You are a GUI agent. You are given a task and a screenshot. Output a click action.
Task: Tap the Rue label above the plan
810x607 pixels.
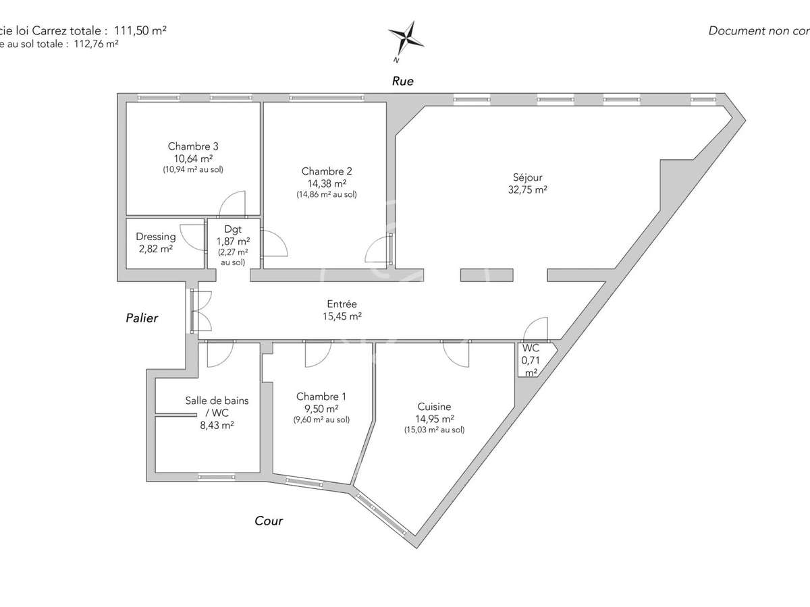(403, 81)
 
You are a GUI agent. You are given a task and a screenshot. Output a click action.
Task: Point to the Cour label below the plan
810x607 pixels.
(269, 521)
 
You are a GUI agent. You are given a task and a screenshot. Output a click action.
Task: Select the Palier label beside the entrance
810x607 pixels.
(142, 318)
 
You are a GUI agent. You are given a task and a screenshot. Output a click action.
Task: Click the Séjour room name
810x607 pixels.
(527, 178)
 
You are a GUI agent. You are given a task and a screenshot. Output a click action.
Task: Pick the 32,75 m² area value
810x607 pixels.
(527, 190)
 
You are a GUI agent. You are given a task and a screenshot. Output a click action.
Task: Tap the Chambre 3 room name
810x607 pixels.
(193, 146)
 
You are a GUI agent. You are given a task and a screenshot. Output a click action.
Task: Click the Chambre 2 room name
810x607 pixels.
(327, 171)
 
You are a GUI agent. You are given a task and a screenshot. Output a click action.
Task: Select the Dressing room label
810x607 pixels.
(156, 237)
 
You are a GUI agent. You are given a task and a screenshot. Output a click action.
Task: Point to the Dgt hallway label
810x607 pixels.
(233, 229)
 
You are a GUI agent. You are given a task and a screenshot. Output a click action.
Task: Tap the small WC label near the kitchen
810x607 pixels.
(531, 349)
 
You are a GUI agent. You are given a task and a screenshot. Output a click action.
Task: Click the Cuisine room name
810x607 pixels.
(434, 407)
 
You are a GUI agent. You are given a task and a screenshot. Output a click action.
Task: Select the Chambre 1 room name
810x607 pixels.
(321, 397)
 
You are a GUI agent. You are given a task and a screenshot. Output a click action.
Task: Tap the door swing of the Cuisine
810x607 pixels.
(456, 353)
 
